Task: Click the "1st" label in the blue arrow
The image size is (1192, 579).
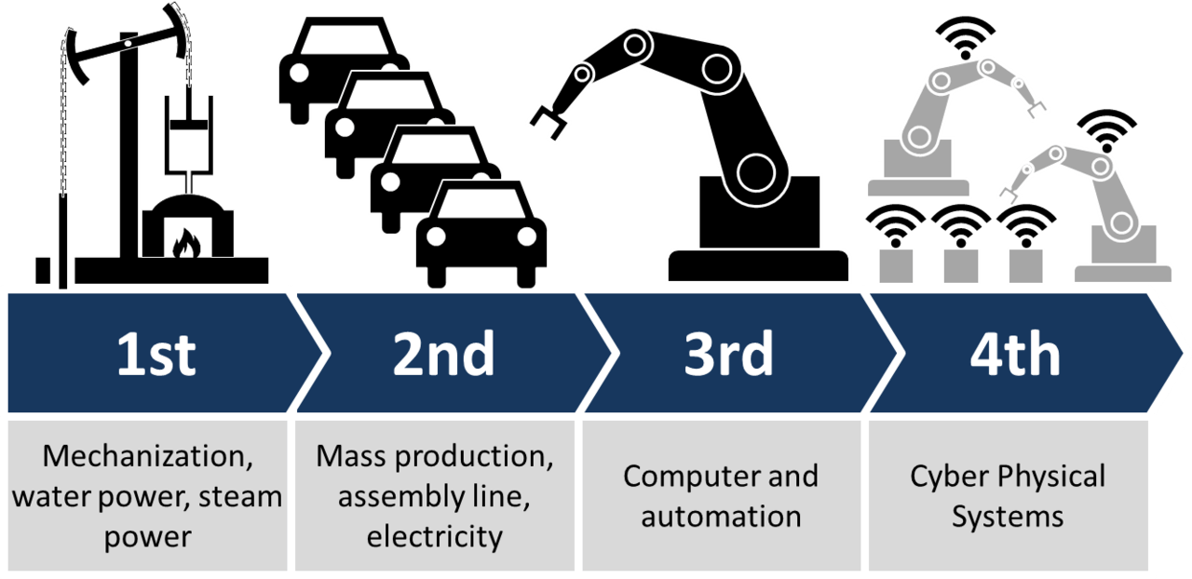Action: tap(156, 355)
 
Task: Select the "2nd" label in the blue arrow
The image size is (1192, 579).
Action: tap(443, 355)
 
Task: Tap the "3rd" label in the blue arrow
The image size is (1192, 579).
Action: tap(729, 355)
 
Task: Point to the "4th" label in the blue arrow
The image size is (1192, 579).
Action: tap(1014, 355)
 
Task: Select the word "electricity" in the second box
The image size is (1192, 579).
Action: tap(435, 536)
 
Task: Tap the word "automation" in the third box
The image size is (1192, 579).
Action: tap(721, 516)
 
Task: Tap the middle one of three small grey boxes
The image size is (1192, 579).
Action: tap(960, 263)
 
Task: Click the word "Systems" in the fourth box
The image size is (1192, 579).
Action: tap(1007, 516)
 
